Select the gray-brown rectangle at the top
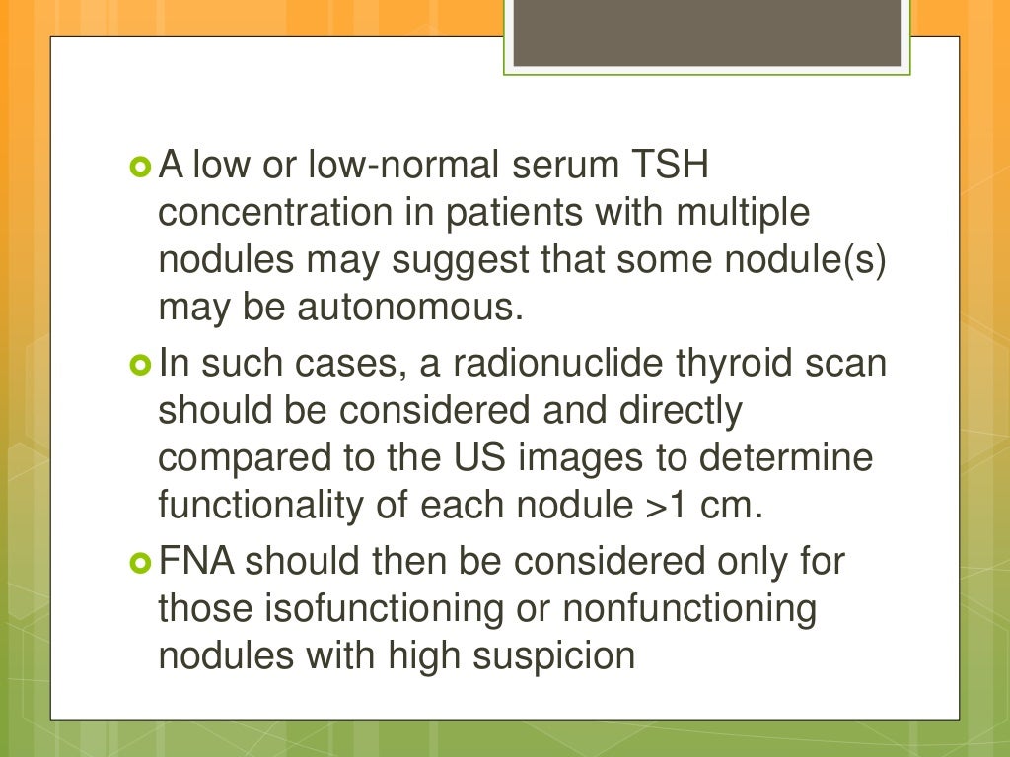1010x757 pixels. click(707, 34)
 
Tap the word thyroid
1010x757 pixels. click(733, 364)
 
